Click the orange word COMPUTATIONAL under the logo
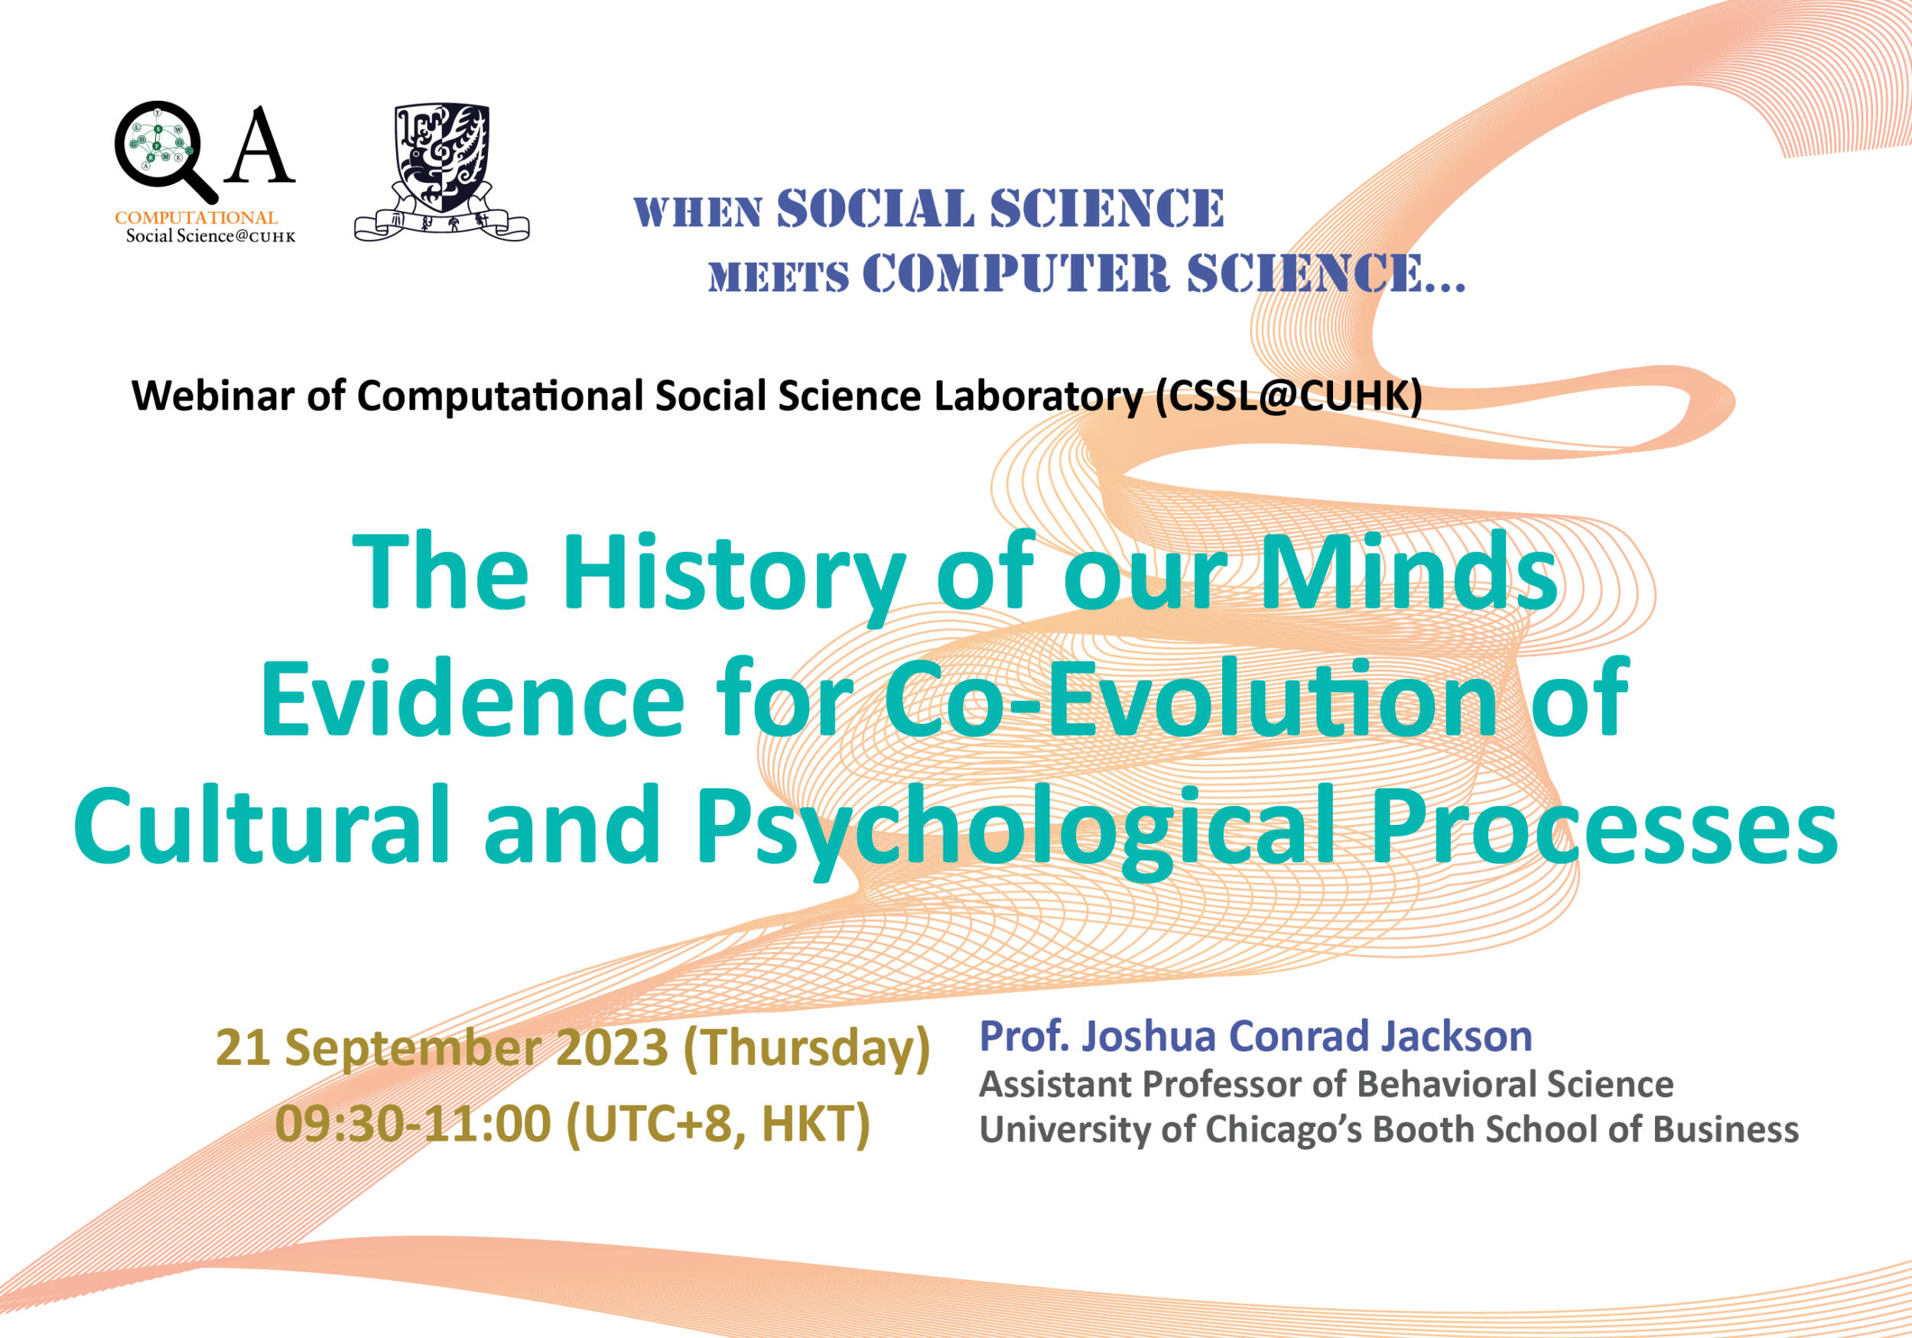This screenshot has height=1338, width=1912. coord(196,218)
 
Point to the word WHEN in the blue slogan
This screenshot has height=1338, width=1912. coord(697,213)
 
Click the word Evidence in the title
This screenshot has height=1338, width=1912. coord(472,698)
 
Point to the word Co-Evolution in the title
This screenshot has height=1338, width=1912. coord(1192,698)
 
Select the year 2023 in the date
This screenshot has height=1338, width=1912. coord(611,1047)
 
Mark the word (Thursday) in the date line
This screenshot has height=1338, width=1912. coord(806,1049)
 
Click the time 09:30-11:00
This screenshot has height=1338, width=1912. coord(413,1124)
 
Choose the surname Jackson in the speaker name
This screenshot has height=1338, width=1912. coord(1456,1037)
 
